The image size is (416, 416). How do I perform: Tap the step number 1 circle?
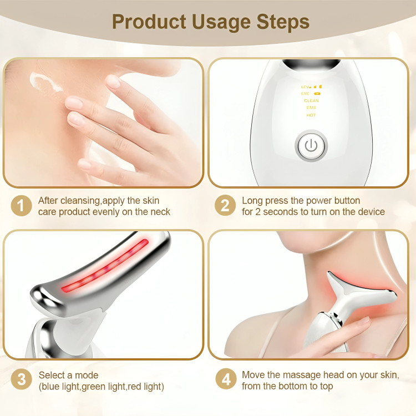click(x=21, y=206)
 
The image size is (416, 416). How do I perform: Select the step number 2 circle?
click(x=225, y=206)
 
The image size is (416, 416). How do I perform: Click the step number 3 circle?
click(x=21, y=380)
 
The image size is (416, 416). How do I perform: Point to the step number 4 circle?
click(x=225, y=380)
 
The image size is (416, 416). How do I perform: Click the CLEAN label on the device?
click(x=311, y=100)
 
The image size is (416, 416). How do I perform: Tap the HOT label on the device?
click(x=311, y=115)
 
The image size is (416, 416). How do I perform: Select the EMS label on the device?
click(x=311, y=108)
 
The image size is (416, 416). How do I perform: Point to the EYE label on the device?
click(x=305, y=94)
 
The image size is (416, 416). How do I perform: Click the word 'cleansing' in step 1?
click(x=80, y=200)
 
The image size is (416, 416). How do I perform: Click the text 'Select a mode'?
click(x=68, y=375)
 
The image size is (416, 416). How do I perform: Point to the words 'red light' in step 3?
click(x=145, y=386)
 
